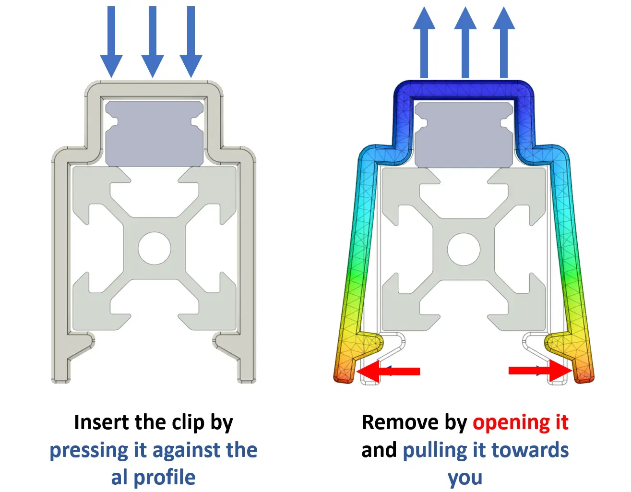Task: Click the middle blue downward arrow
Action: pyautogui.click(x=153, y=42)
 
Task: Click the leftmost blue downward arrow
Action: pyautogui.click(x=111, y=42)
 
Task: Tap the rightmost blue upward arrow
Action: pyautogui.click(x=504, y=42)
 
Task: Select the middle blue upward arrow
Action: pyautogui.click(x=465, y=42)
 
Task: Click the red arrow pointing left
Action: pyautogui.click(x=388, y=371)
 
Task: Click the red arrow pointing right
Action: pyautogui.click(x=540, y=370)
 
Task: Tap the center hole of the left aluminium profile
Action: pyautogui.click(x=154, y=248)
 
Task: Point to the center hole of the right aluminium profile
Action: pyautogui.click(x=464, y=249)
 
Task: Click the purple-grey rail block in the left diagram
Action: pyautogui.click(x=154, y=133)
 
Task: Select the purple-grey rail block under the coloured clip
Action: pyautogui.click(x=464, y=135)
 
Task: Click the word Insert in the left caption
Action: pyautogui.click(x=102, y=422)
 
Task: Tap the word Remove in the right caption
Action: pyautogui.click(x=401, y=422)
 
